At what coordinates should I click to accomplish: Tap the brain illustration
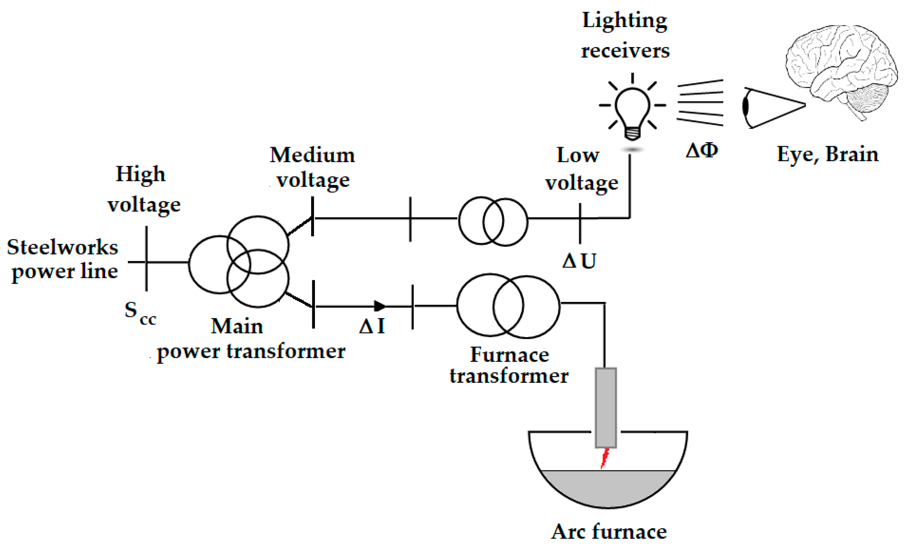point(841,67)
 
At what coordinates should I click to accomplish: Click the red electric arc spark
point(605,459)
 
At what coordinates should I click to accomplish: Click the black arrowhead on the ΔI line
point(379,306)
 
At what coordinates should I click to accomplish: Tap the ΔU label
point(579,261)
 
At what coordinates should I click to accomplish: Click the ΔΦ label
point(702,150)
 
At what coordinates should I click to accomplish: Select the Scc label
point(139,312)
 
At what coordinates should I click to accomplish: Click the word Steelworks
point(63,247)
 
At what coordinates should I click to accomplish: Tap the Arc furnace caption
point(609,532)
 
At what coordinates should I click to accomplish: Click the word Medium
point(312,155)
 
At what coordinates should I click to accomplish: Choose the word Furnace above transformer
point(509,354)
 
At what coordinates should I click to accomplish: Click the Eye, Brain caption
point(828,154)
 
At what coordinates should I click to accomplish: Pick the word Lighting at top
point(625,20)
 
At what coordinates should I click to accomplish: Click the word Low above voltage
point(578,155)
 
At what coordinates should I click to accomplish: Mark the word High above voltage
point(140,174)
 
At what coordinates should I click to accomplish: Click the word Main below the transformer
point(237,326)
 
